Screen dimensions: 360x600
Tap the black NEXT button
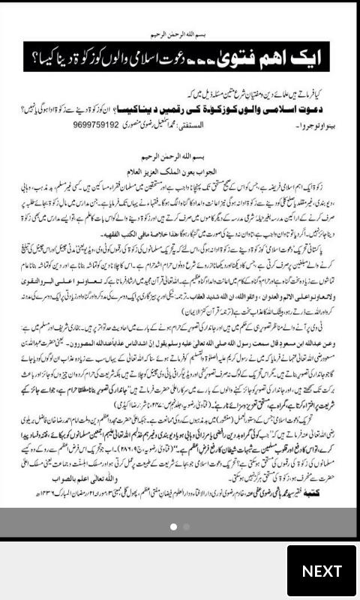point(321,571)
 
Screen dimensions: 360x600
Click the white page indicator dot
point(172,526)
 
